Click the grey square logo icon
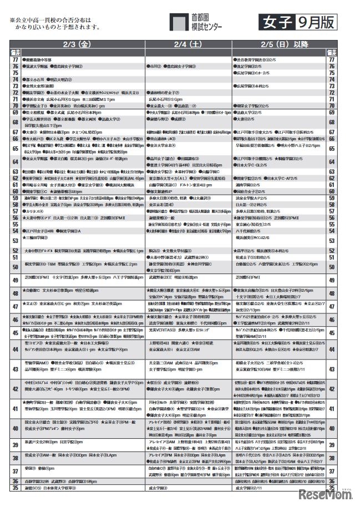pos(179,22)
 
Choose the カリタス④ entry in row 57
pos(32,211)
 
